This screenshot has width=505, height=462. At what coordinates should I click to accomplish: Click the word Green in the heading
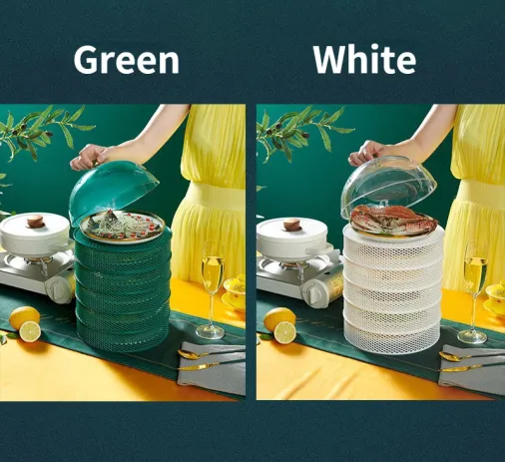click(127, 60)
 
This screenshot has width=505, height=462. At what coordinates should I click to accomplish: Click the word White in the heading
click(364, 59)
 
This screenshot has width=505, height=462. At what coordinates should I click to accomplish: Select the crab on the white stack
click(392, 217)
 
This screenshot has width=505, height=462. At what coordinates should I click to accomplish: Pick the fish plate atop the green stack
click(122, 227)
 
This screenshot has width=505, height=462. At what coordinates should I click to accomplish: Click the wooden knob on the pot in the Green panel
click(36, 221)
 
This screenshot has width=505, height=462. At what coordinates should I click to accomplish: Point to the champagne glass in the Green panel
click(213, 289)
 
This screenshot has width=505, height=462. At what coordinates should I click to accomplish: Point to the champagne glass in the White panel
click(474, 292)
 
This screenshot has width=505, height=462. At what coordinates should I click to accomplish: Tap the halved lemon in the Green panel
click(30, 331)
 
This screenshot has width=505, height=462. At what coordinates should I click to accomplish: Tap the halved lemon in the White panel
click(284, 333)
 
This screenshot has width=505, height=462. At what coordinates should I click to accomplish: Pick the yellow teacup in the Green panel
click(236, 289)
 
